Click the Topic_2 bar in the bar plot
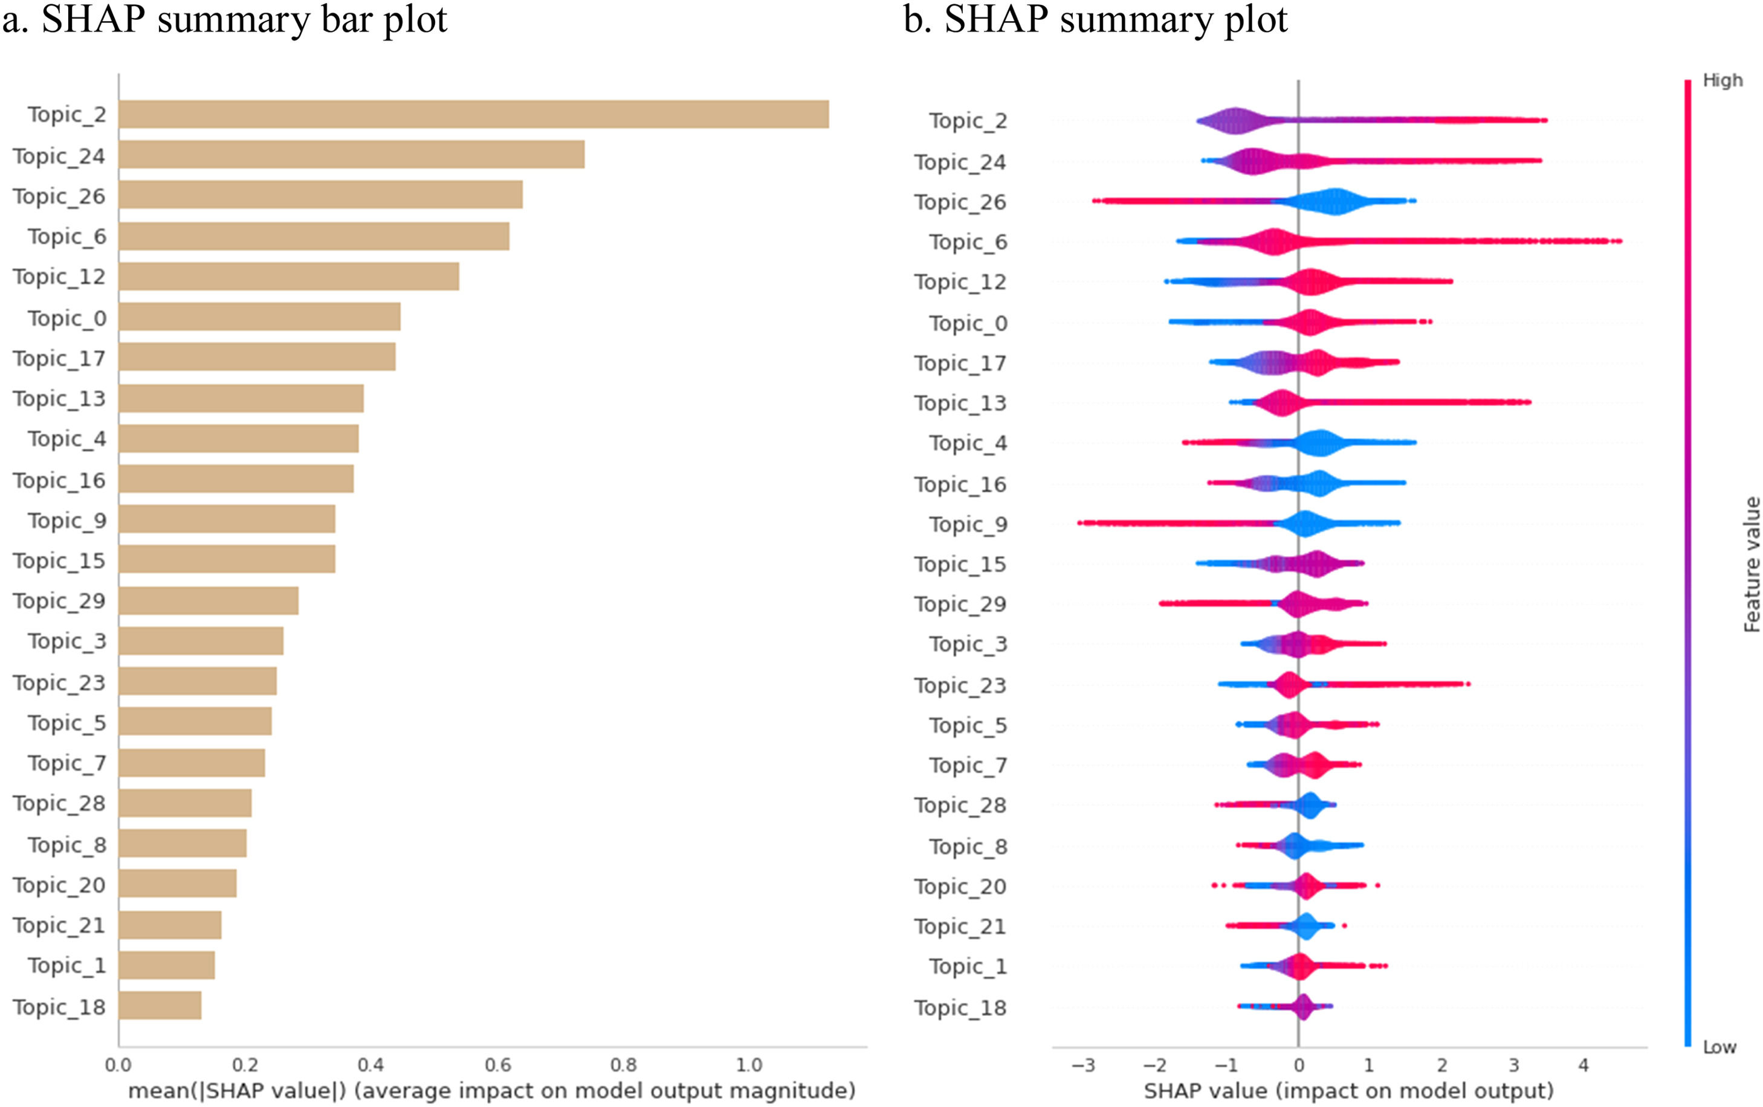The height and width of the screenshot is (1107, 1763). click(473, 114)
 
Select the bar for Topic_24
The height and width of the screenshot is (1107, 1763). click(351, 155)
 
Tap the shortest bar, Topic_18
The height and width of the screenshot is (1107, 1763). click(160, 1006)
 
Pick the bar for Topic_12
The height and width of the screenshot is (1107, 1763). click(288, 277)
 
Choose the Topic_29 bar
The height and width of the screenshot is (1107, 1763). click(208, 601)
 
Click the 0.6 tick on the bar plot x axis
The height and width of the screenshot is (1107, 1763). click(497, 1065)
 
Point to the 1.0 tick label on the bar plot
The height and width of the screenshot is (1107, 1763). click(748, 1065)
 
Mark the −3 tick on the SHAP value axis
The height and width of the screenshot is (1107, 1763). click(1083, 1065)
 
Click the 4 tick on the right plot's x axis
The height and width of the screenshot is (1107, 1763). click(1583, 1065)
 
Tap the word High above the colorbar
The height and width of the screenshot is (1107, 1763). click(1722, 80)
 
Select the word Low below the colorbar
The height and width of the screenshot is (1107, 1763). click(1719, 1047)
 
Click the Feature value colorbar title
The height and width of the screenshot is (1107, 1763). click(1752, 563)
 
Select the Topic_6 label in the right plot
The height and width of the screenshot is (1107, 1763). click(968, 242)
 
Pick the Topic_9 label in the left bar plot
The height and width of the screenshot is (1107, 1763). click(67, 521)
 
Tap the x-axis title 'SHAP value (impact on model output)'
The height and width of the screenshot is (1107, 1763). click(1348, 1091)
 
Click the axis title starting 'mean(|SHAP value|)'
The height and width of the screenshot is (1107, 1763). click(491, 1091)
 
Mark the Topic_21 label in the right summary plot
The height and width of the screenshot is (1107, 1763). click(960, 926)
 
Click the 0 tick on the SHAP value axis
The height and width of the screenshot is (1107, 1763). click(1299, 1065)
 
